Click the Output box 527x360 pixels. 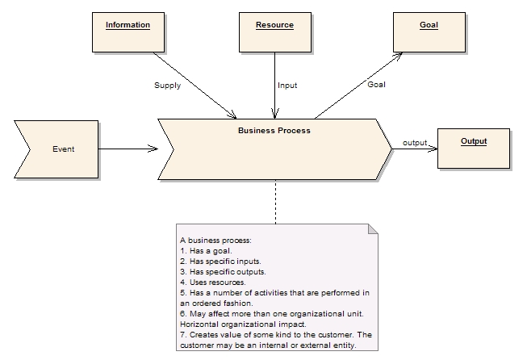click(x=474, y=147)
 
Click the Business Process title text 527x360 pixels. click(x=274, y=129)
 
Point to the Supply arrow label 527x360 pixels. click(x=168, y=85)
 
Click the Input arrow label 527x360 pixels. click(x=287, y=85)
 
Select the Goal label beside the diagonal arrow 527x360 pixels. click(x=376, y=85)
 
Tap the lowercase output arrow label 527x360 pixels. click(x=415, y=143)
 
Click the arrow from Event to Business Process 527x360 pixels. click(x=128, y=149)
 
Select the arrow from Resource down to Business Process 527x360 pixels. click(x=275, y=85)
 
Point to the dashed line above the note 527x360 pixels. click(x=275, y=202)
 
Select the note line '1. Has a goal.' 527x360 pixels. click(x=206, y=251)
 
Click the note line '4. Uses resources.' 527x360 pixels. click(x=213, y=283)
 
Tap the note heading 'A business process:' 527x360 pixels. click(x=215, y=241)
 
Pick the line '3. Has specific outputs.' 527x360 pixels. click(x=222, y=272)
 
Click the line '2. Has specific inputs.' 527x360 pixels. click(x=220, y=262)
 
